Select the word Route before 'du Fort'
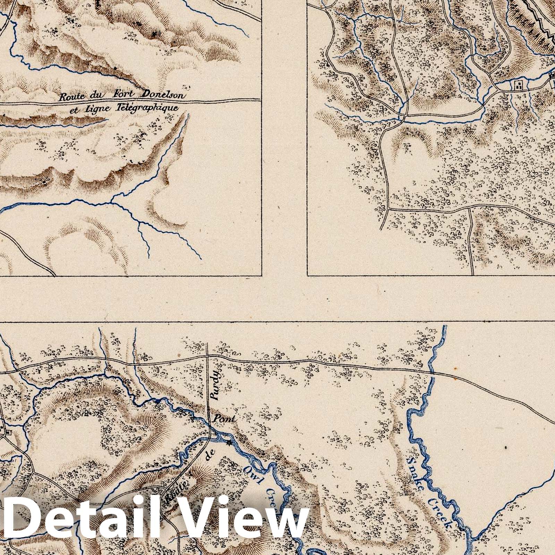coord(72,97)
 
